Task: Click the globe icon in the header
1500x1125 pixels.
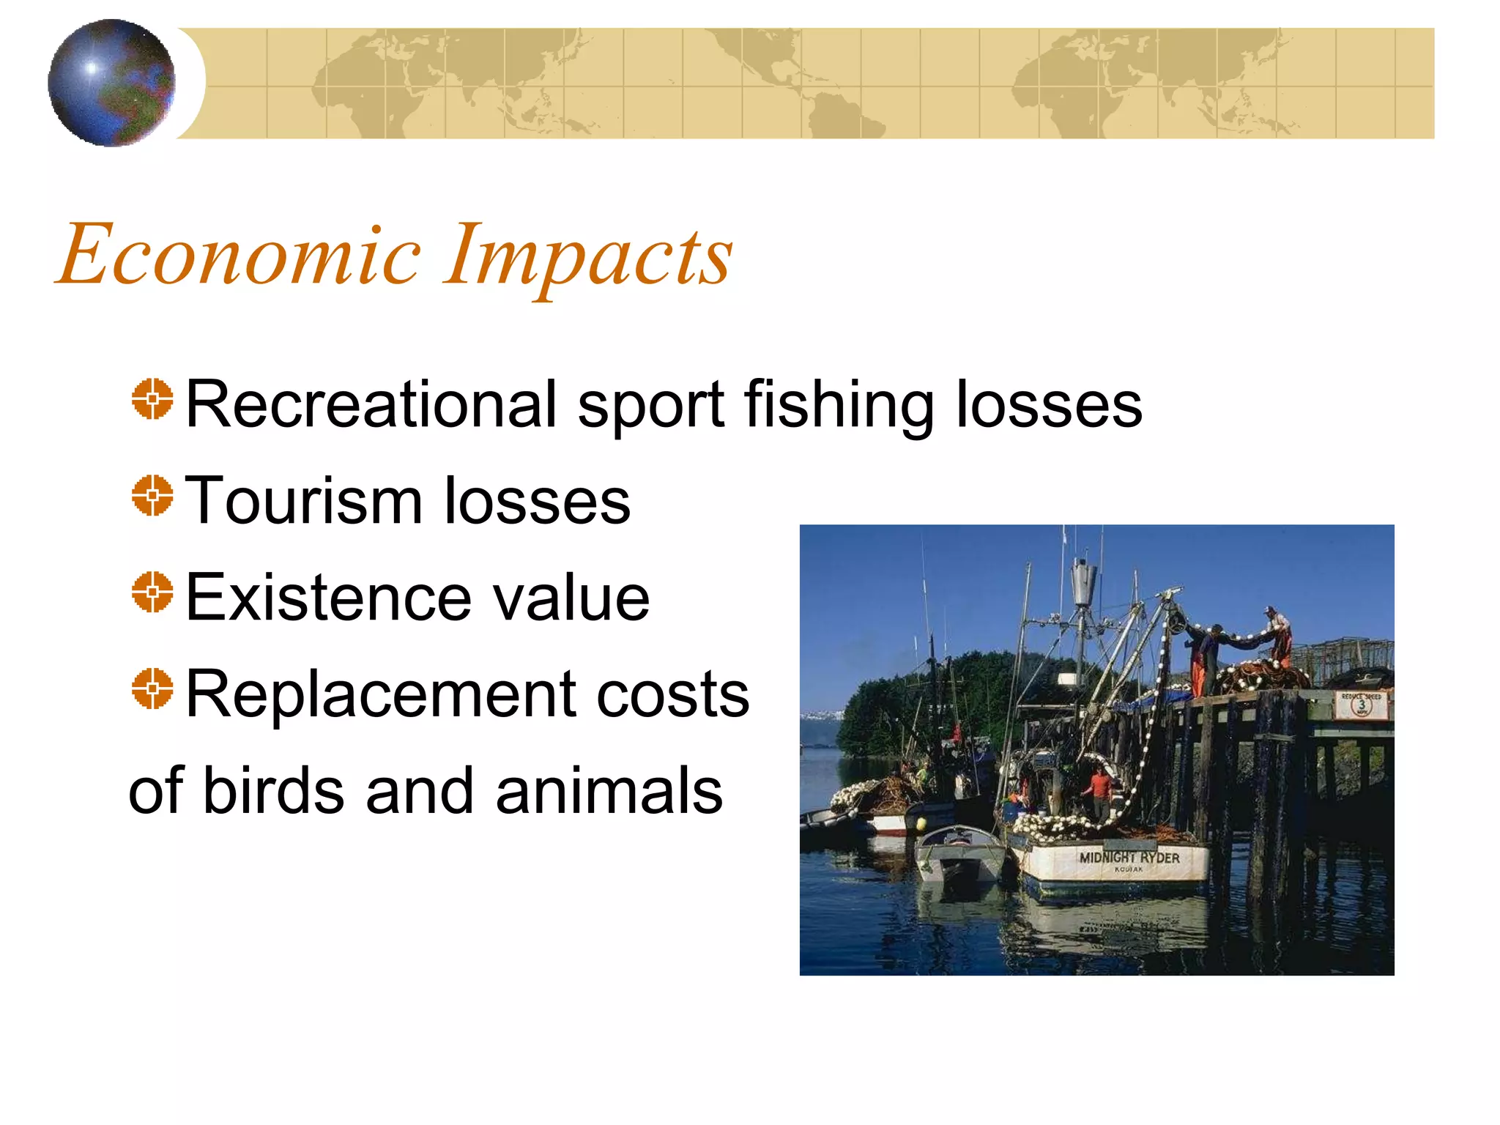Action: click(x=111, y=83)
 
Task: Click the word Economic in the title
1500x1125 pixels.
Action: click(x=239, y=255)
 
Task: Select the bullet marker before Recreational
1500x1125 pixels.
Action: click(x=152, y=399)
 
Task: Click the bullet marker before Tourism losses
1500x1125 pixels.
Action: click(x=152, y=496)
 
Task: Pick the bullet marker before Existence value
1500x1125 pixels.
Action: click(x=152, y=593)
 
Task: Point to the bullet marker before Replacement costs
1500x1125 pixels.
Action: click(x=152, y=689)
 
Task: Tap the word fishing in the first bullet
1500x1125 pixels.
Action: click(x=839, y=405)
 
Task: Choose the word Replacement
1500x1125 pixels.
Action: click(x=381, y=695)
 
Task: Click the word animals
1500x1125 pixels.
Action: click(x=609, y=791)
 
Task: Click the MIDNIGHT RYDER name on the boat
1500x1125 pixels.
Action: click(x=1129, y=858)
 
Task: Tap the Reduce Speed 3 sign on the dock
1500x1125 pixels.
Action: click(x=1362, y=705)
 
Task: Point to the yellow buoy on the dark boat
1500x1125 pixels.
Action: click(x=920, y=823)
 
